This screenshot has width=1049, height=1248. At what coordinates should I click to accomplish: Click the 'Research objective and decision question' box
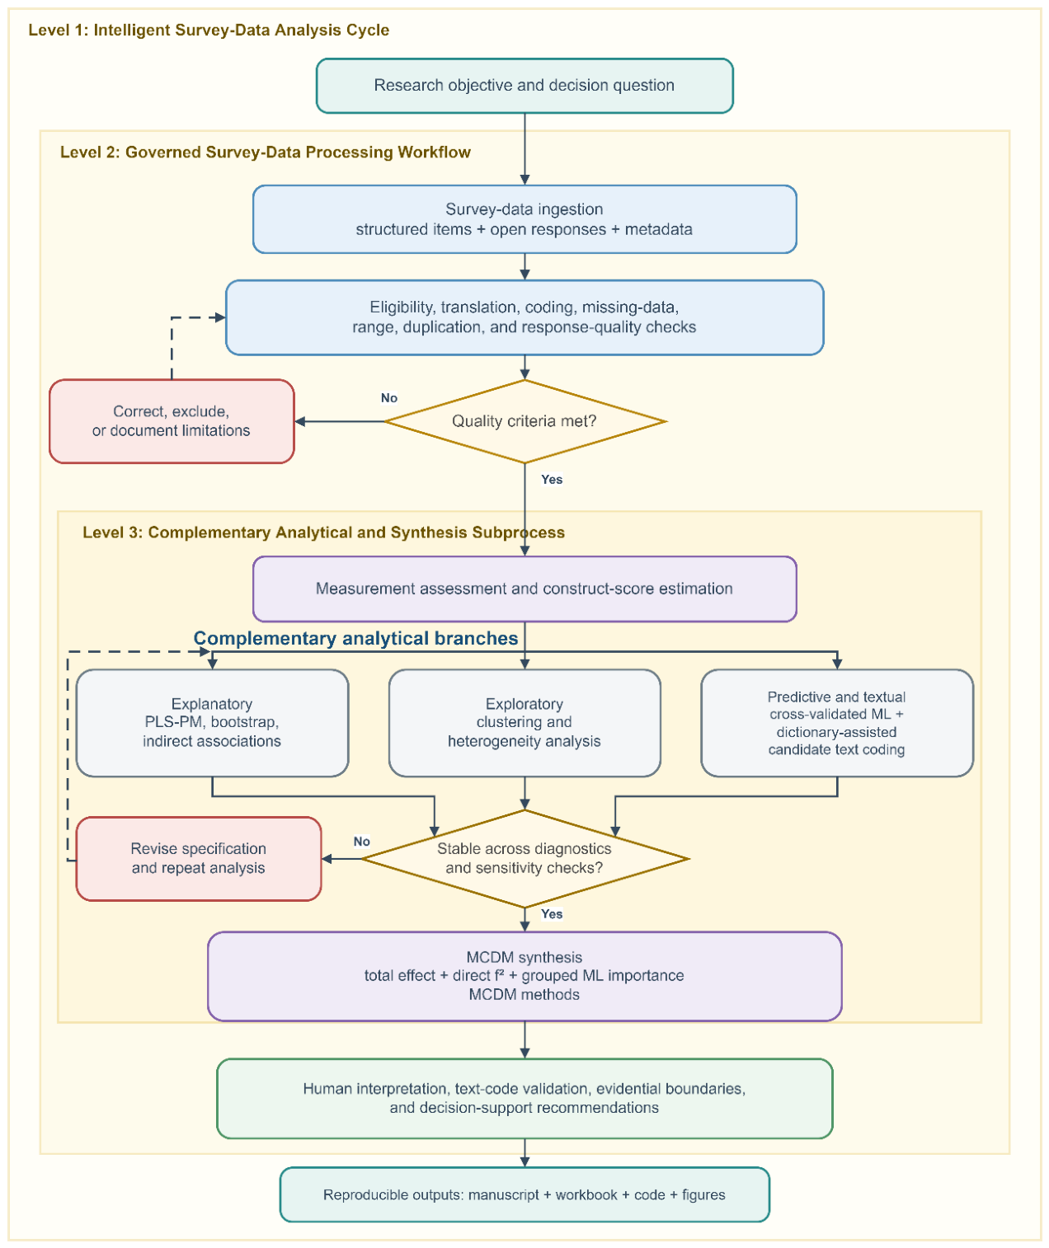[x=524, y=86]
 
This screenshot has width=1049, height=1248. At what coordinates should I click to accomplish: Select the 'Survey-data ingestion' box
[x=524, y=219]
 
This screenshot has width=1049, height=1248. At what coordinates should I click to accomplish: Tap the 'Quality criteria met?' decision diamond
[x=524, y=421]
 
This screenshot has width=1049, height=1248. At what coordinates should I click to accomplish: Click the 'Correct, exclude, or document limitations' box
[x=172, y=421]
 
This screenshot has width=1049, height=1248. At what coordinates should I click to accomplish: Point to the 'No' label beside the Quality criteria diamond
[x=389, y=398]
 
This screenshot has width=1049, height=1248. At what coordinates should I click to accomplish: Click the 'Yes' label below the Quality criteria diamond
[x=552, y=480]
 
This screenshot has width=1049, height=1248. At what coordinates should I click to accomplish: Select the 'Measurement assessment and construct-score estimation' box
[x=524, y=589]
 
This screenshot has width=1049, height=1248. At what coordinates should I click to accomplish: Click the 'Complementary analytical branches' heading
[x=355, y=638]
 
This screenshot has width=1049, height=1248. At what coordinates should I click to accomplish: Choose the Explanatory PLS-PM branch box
[x=212, y=723]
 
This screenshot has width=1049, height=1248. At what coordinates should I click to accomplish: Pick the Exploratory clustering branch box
[x=524, y=723]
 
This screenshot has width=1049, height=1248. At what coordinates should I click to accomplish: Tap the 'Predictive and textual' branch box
[x=837, y=723]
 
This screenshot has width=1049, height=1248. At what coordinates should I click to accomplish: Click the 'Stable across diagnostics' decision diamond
[x=524, y=858]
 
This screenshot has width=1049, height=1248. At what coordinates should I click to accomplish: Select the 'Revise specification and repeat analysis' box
[x=199, y=858]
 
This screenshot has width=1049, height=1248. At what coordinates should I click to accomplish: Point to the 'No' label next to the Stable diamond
[x=362, y=842]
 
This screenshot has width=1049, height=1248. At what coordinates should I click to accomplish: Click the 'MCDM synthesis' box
[x=524, y=976]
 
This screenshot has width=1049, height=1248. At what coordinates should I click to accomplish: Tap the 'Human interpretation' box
[x=524, y=1099]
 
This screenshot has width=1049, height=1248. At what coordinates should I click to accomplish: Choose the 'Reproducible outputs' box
[x=524, y=1194]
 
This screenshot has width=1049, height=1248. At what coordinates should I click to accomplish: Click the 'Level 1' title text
[x=209, y=30]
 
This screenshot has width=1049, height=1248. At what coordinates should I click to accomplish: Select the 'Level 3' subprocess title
[x=323, y=533]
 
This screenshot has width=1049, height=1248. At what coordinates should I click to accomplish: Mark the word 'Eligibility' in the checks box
[x=402, y=307]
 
